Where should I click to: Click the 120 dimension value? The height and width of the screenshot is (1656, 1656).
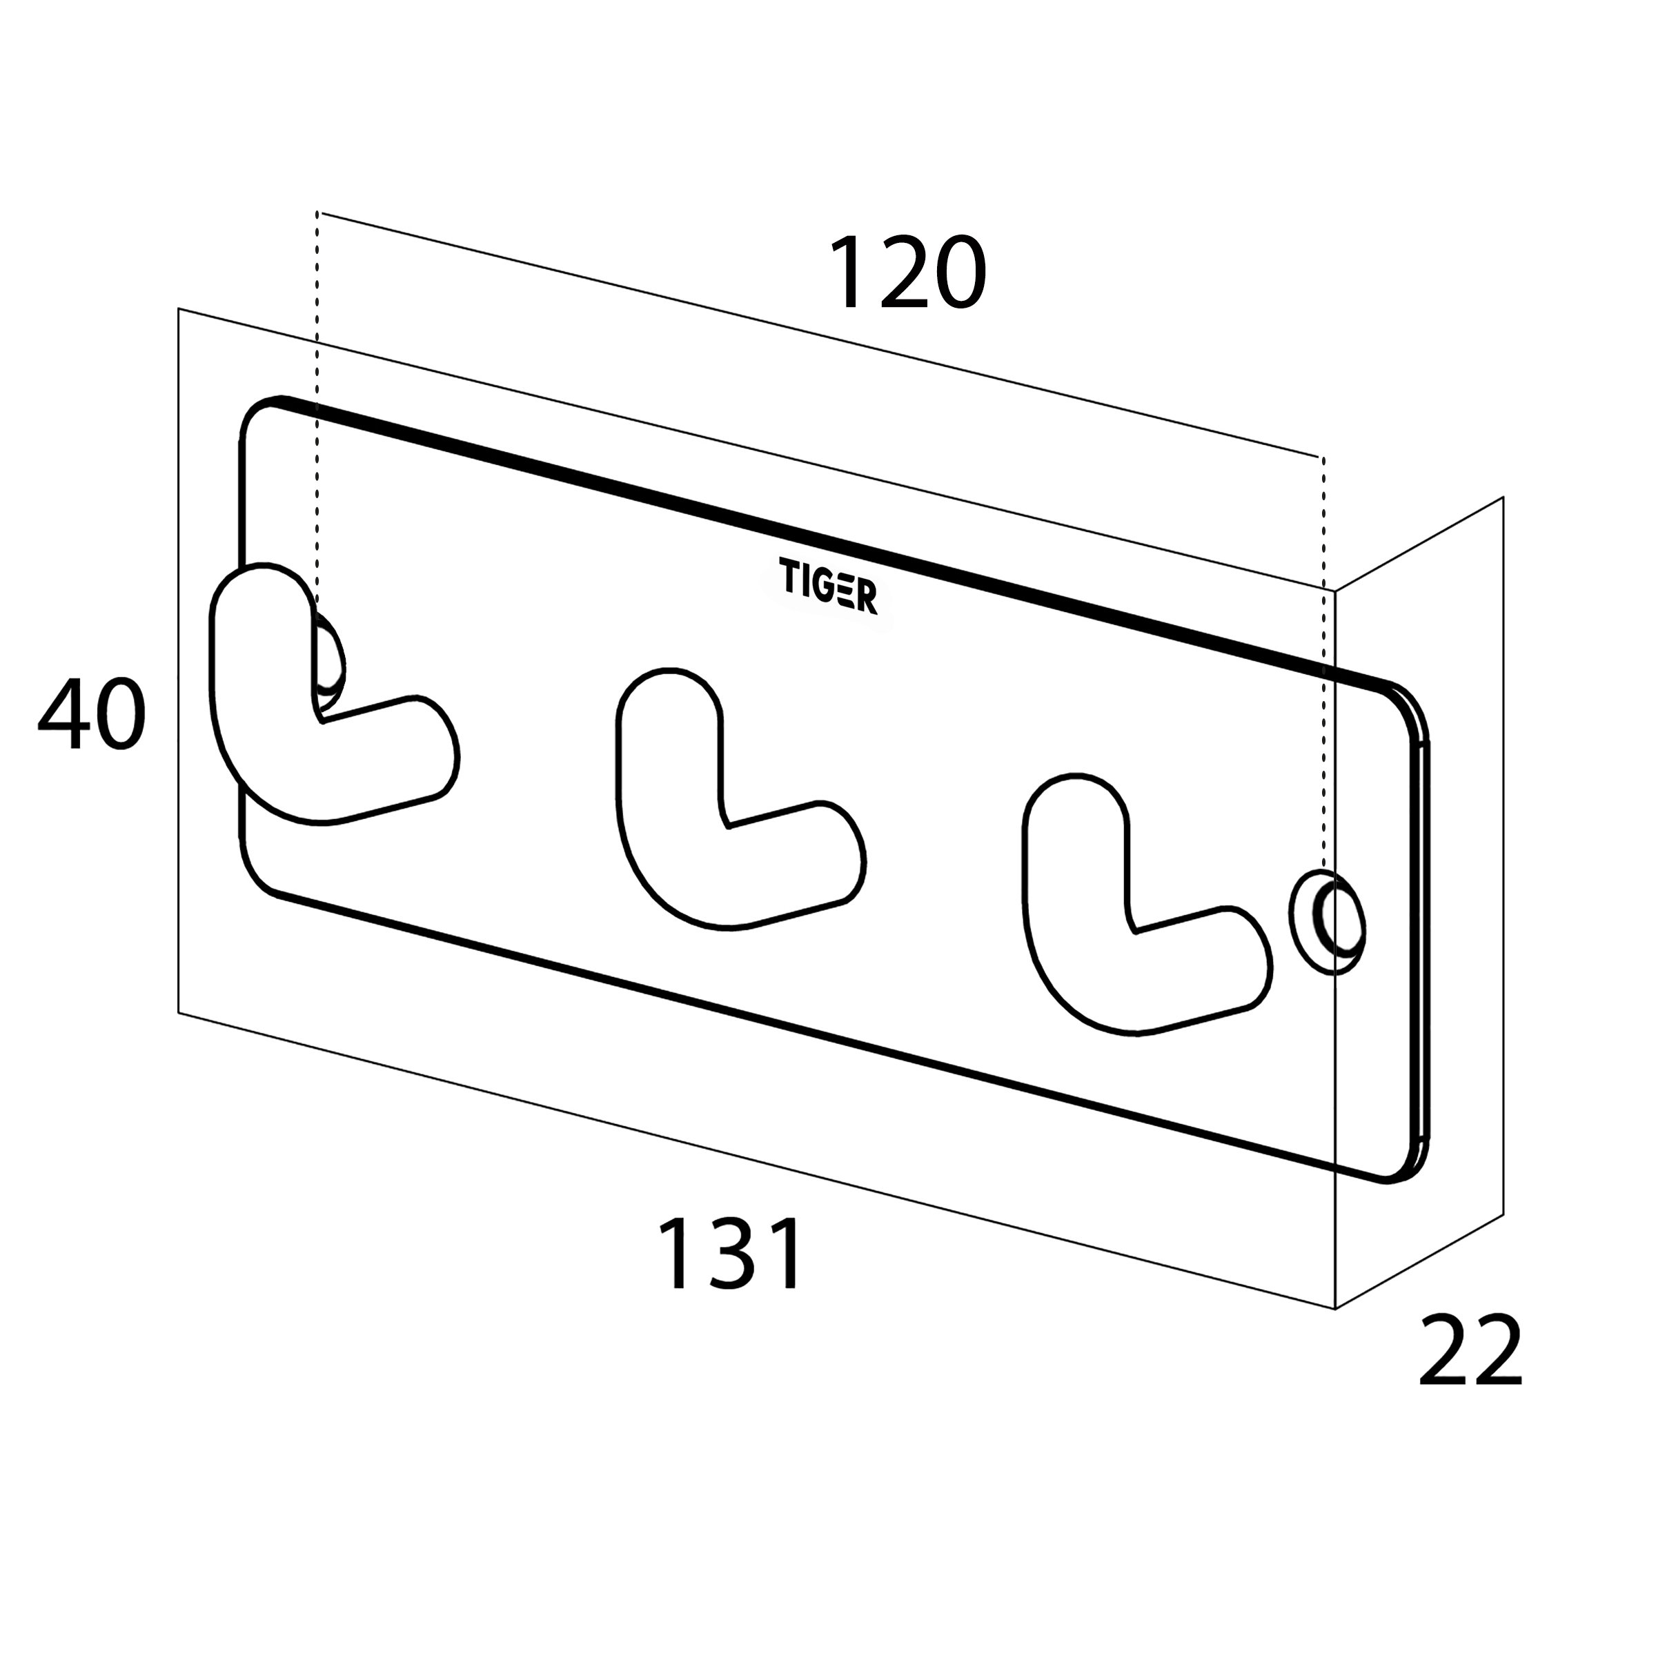pos(907,273)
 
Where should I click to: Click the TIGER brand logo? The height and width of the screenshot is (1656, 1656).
pos(828,585)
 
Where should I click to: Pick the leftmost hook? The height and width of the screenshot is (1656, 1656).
pos(333,696)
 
